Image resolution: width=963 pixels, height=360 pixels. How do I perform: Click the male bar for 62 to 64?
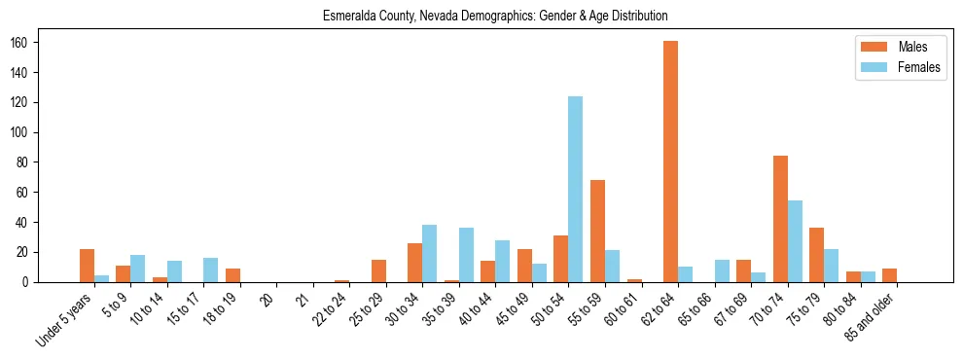[670, 162]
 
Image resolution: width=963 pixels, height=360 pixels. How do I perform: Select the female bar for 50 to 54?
[576, 190]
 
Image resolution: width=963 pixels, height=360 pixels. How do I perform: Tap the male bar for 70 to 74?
[780, 219]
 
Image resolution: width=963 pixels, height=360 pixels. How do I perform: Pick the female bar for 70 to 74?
[795, 241]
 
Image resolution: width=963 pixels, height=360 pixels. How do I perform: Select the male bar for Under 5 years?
[88, 266]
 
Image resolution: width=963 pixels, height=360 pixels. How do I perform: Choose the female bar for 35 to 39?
[466, 255]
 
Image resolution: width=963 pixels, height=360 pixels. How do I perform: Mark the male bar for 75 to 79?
[816, 255]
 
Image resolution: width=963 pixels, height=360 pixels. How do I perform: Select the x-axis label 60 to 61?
[623, 306]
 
